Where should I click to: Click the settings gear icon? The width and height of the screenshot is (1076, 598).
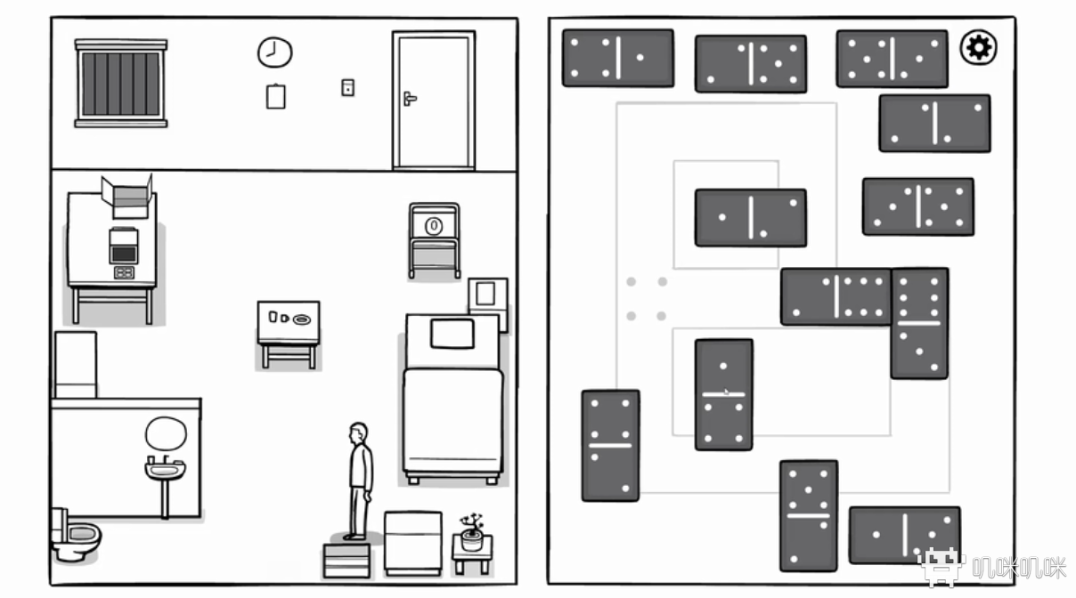pos(978,47)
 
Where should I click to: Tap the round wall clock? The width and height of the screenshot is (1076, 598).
pos(274,53)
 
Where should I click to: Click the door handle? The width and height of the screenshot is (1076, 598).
pos(409,97)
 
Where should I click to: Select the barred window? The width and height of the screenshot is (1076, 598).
pos(121,84)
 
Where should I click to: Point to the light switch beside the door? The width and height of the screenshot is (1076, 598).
pos(347,87)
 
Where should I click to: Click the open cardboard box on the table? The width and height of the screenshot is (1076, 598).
pos(127,197)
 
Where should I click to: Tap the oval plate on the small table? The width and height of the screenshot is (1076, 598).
pos(303,319)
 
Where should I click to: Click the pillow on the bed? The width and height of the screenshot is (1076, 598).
pos(452,334)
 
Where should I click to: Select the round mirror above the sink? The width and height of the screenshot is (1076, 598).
pos(166,434)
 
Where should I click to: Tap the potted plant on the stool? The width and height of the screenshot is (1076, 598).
pos(472,534)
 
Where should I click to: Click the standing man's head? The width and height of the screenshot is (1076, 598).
pos(358,433)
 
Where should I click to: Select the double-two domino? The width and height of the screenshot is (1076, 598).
pos(610,445)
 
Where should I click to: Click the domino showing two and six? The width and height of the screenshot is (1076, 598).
pos(836,296)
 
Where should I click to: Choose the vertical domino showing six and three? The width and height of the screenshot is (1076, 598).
pos(919,323)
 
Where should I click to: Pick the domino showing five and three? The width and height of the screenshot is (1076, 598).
pos(808,515)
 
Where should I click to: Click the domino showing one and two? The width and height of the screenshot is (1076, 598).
pos(751,217)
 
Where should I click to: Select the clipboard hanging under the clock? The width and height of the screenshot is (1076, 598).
pos(276,96)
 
